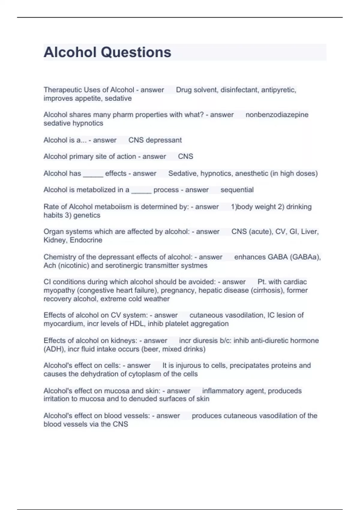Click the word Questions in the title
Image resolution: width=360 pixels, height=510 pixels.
[x=136, y=52]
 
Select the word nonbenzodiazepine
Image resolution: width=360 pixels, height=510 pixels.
[x=277, y=115]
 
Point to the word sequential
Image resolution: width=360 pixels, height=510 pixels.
[x=237, y=190]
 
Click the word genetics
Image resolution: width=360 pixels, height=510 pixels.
[x=87, y=215]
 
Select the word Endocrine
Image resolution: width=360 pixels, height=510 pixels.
[x=86, y=240]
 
